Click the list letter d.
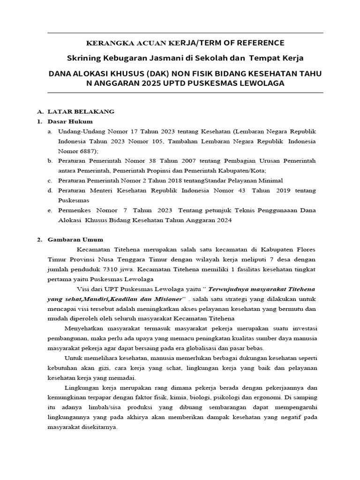coord(49,191)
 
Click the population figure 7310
coord(113,270)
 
